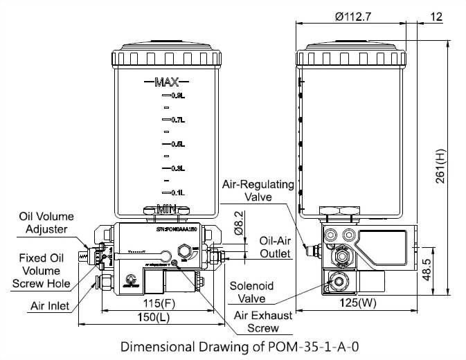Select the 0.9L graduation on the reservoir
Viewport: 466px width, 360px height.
[178, 96]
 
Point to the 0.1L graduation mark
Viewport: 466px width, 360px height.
[178, 192]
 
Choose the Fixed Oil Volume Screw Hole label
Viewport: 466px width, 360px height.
[42, 270]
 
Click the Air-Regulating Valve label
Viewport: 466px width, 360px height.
[258, 190]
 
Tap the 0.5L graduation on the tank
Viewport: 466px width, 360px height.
[178, 144]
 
